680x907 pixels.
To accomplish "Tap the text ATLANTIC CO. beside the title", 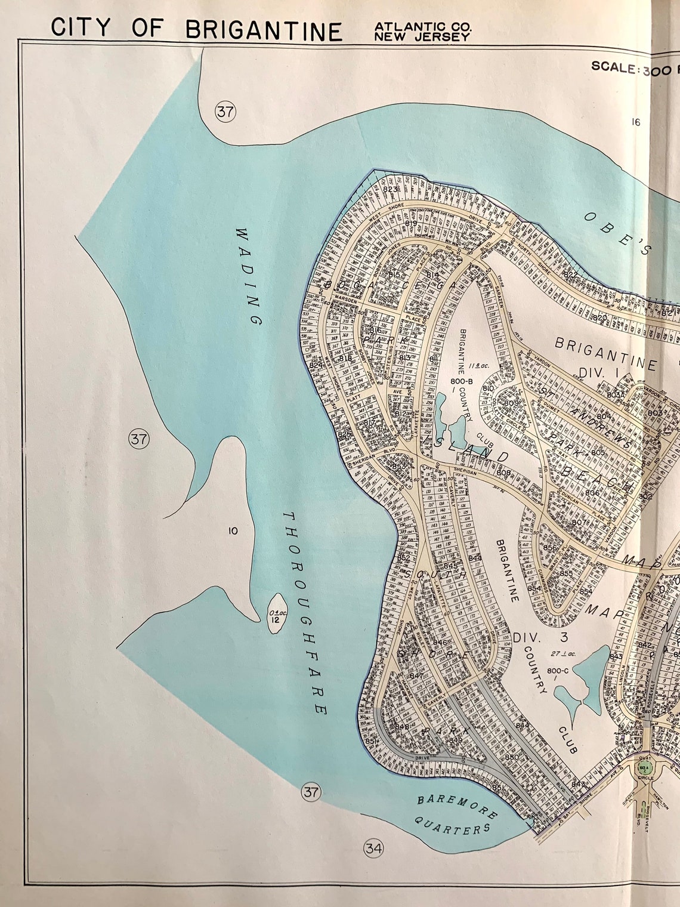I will (x=422, y=26).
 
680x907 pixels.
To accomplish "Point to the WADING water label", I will (x=249, y=275).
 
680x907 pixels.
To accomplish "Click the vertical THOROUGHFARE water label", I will (x=305, y=612).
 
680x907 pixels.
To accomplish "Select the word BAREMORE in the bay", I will (x=456, y=806).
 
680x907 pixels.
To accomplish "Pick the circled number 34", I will (x=373, y=848).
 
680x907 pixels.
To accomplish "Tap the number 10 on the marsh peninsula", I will (x=233, y=530).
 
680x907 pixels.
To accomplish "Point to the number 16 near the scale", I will (x=635, y=122).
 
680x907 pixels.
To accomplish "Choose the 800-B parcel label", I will (x=461, y=381).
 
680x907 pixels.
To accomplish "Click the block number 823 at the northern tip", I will (x=390, y=190).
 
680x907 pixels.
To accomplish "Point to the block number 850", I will (x=512, y=757).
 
